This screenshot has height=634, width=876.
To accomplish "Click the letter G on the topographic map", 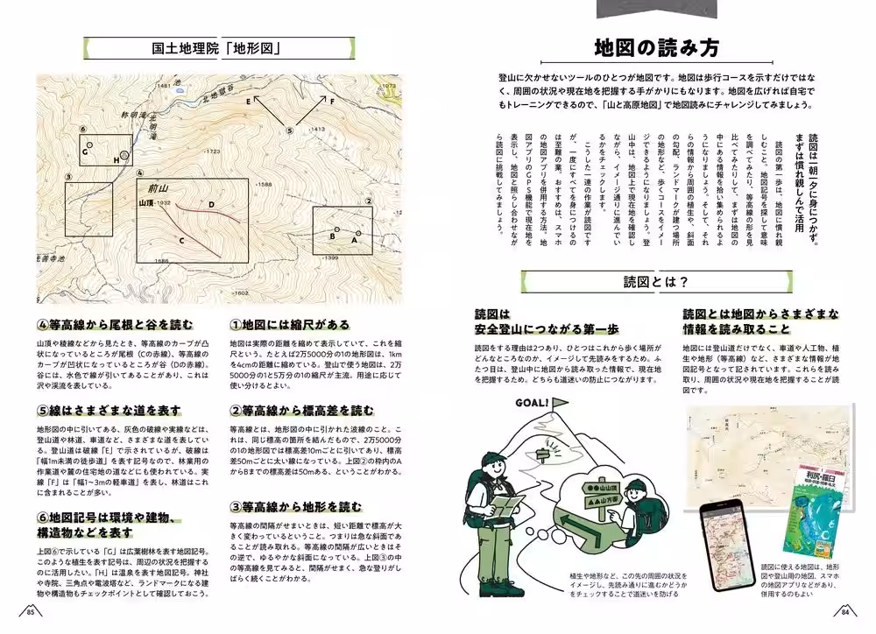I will pyautogui.click(x=85, y=151).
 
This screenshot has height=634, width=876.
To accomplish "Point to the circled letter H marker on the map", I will pyautogui.click(x=123, y=156).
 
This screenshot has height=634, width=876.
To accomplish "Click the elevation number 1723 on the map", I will pyautogui.click(x=211, y=152).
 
